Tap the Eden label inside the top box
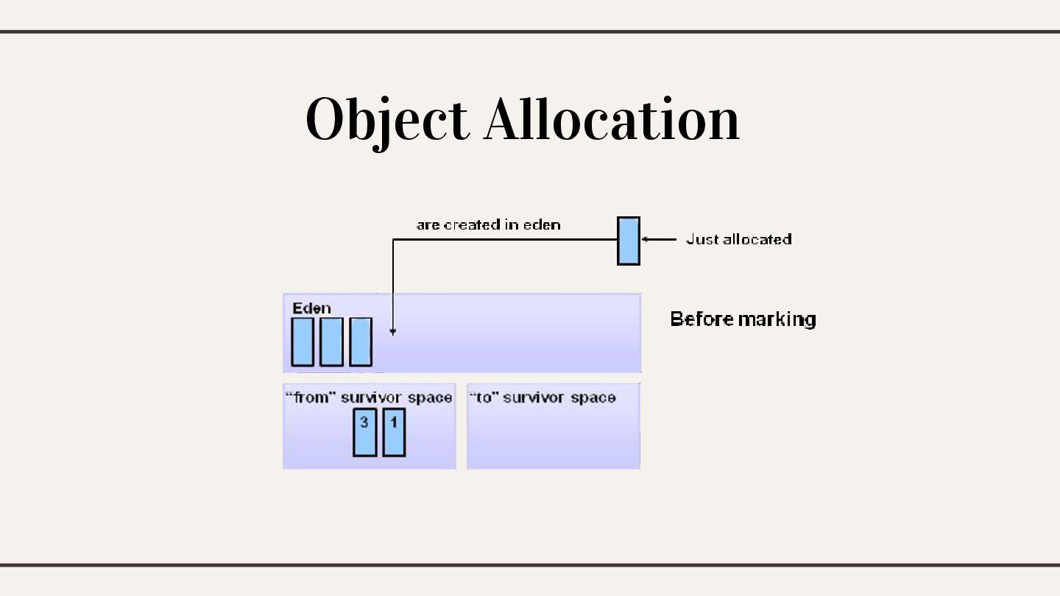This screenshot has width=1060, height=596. [x=311, y=308]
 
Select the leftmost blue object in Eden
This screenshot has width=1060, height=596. [x=303, y=341]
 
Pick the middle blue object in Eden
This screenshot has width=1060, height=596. [x=331, y=341]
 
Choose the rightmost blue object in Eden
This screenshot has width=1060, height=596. [x=360, y=341]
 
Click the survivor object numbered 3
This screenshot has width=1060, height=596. [x=364, y=433]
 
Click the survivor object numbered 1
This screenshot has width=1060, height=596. [x=394, y=433]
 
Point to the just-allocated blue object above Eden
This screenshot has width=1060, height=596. [x=628, y=241]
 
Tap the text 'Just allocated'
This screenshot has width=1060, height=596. [x=738, y=239]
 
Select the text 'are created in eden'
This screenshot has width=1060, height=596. [x=488, y=224]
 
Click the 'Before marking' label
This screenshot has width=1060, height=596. [x=743, y=319]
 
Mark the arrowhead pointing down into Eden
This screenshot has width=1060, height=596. [x=393, y=332]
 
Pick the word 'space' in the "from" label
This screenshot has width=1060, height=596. [x=430, y=398]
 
